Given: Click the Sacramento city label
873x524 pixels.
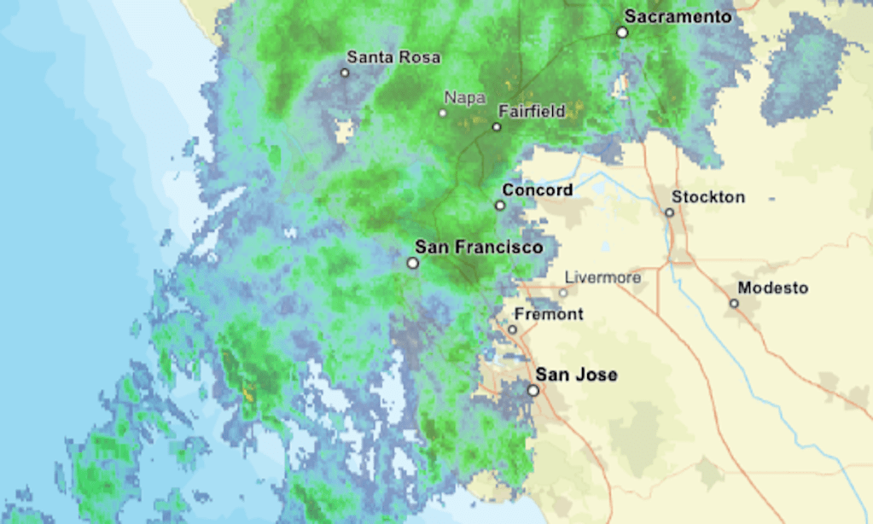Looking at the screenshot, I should click(678, 16).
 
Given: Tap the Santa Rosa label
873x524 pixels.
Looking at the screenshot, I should click(393, 57).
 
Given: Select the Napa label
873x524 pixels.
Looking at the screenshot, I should click(465, 97).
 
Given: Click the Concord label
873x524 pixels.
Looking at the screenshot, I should click(537, 189).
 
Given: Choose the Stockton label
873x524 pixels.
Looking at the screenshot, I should click(707, 197).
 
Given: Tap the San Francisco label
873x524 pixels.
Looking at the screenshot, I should click(478, 247).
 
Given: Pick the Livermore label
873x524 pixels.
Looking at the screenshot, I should click(602, 277).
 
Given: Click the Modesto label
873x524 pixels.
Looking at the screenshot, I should click(772, 288).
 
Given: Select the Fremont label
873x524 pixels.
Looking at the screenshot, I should click(549, 314).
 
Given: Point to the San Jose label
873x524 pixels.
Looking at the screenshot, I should click(576, 375).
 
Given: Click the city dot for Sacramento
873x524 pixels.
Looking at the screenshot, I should click(623, 32).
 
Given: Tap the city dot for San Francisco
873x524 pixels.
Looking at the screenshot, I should click(413, 263).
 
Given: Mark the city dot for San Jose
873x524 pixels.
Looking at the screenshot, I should click(533, 390).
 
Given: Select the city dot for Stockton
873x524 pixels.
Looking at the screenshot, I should click(670, 213).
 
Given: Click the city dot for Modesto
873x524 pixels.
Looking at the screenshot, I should click(734, 303).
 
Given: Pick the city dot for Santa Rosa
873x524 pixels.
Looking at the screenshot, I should click(345, 73).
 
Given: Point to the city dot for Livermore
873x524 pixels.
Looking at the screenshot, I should click(562, 293).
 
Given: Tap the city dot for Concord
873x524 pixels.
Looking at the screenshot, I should click(500, 205).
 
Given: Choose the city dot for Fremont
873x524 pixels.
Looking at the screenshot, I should click(512, 329).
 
